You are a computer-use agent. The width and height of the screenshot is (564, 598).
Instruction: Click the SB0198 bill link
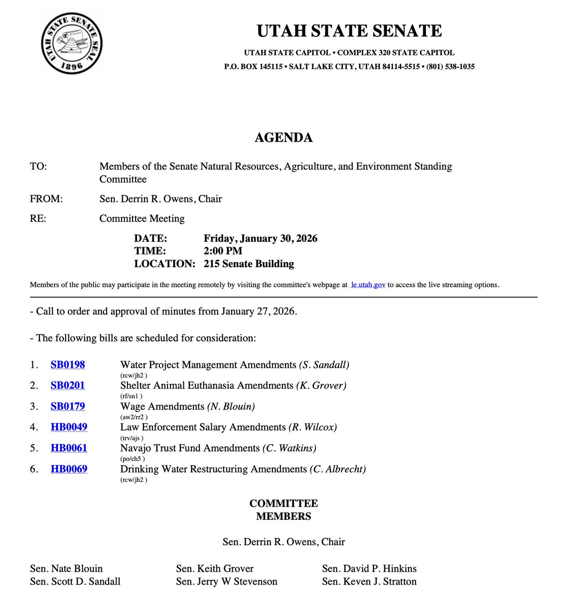tap(68, 365)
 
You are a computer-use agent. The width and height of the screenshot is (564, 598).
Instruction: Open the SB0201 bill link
tap(68, 386)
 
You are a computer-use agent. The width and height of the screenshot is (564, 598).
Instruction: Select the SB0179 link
tap(68, 407)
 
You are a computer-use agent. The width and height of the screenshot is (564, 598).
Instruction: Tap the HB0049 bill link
tap(69, 428)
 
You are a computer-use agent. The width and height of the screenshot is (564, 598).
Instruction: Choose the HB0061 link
tap(69, 448)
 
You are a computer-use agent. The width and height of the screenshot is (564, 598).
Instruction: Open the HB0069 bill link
tap(69, 469)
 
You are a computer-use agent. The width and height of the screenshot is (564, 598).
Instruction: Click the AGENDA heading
tap(283, 138)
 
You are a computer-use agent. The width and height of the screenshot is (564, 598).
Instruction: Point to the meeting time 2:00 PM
tap(223, 251)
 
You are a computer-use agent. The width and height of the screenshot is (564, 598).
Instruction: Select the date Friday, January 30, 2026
tap(260, 238)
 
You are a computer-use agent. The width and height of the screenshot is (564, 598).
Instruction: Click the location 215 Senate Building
tap(249, 264)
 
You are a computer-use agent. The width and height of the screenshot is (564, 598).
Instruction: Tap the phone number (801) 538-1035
tap(450, 67)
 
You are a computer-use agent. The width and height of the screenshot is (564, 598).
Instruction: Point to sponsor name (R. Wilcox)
tap(312, 428)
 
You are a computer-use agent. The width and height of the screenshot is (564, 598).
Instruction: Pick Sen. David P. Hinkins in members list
tap(369, 569)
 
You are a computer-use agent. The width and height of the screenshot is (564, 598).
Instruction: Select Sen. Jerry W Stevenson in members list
tap(226, 582)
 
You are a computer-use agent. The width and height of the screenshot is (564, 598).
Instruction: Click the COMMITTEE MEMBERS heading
tap(283, 510)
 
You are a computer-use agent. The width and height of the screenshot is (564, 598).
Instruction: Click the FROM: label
tap(46, 199)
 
